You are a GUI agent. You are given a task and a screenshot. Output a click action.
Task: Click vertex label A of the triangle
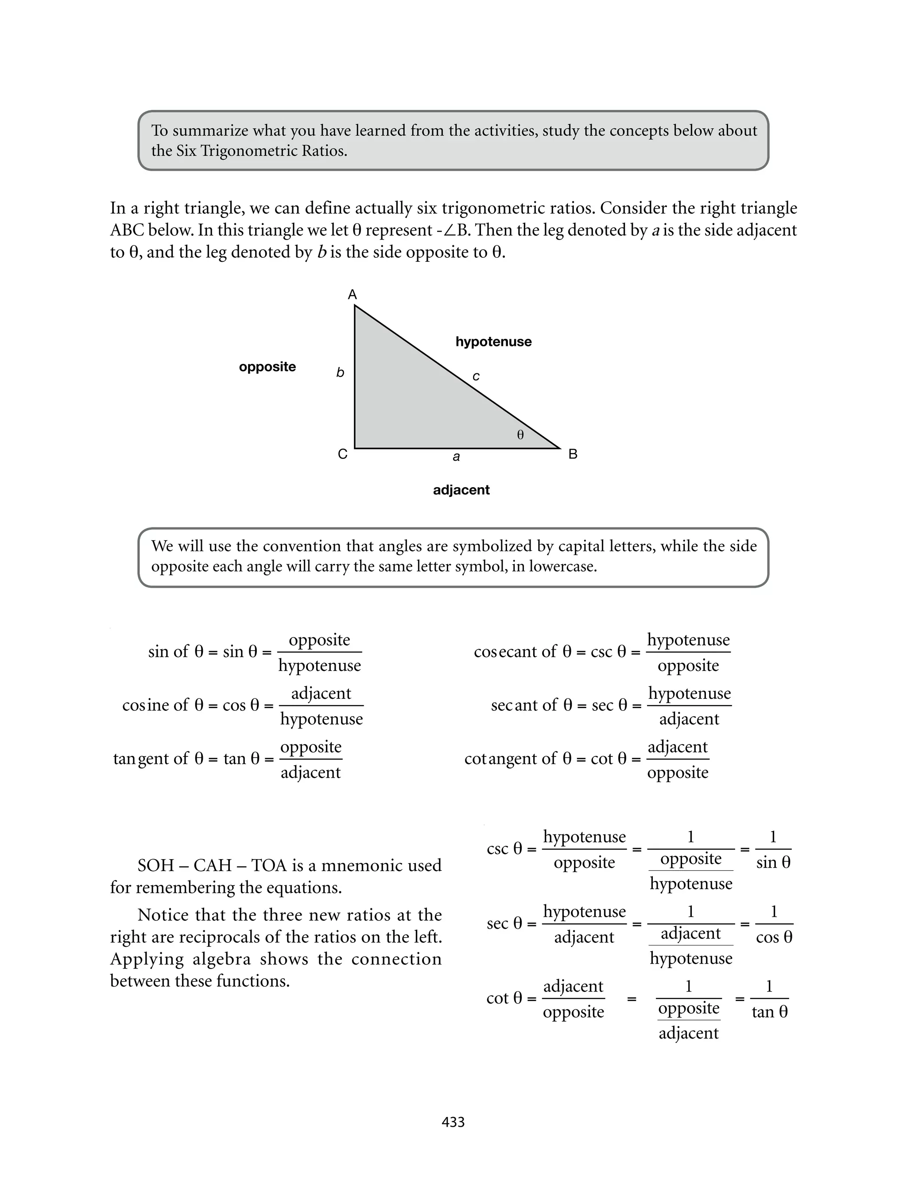(x=352, y=295)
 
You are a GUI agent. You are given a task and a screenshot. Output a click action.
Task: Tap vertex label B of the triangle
(x=573, y=454)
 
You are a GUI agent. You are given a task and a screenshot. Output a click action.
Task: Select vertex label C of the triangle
(x=342, y=454)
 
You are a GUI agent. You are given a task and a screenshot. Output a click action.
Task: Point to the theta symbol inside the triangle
(x=520, y=434)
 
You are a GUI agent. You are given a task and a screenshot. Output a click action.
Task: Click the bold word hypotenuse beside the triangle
(x=493, y=341)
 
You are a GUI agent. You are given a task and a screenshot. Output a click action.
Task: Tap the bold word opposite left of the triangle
(x=267, y=367)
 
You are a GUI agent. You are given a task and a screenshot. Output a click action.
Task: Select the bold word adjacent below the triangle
(x=461, y=490)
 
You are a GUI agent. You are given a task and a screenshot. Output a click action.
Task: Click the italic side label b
(x=340, y=372)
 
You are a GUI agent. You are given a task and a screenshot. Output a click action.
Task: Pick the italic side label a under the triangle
(x=456, y=457)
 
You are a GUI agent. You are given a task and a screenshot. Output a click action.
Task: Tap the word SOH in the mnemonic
(x=155, y=866)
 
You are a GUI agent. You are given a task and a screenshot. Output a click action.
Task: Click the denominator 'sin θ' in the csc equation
(x=773, y=863)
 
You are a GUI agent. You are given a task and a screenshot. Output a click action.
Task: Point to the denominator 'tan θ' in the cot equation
(x=769, y=1012)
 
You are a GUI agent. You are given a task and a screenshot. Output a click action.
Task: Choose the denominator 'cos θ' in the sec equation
(x=774, y=938)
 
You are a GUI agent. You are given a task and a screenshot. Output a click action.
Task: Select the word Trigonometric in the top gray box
(x=246, y=151)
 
